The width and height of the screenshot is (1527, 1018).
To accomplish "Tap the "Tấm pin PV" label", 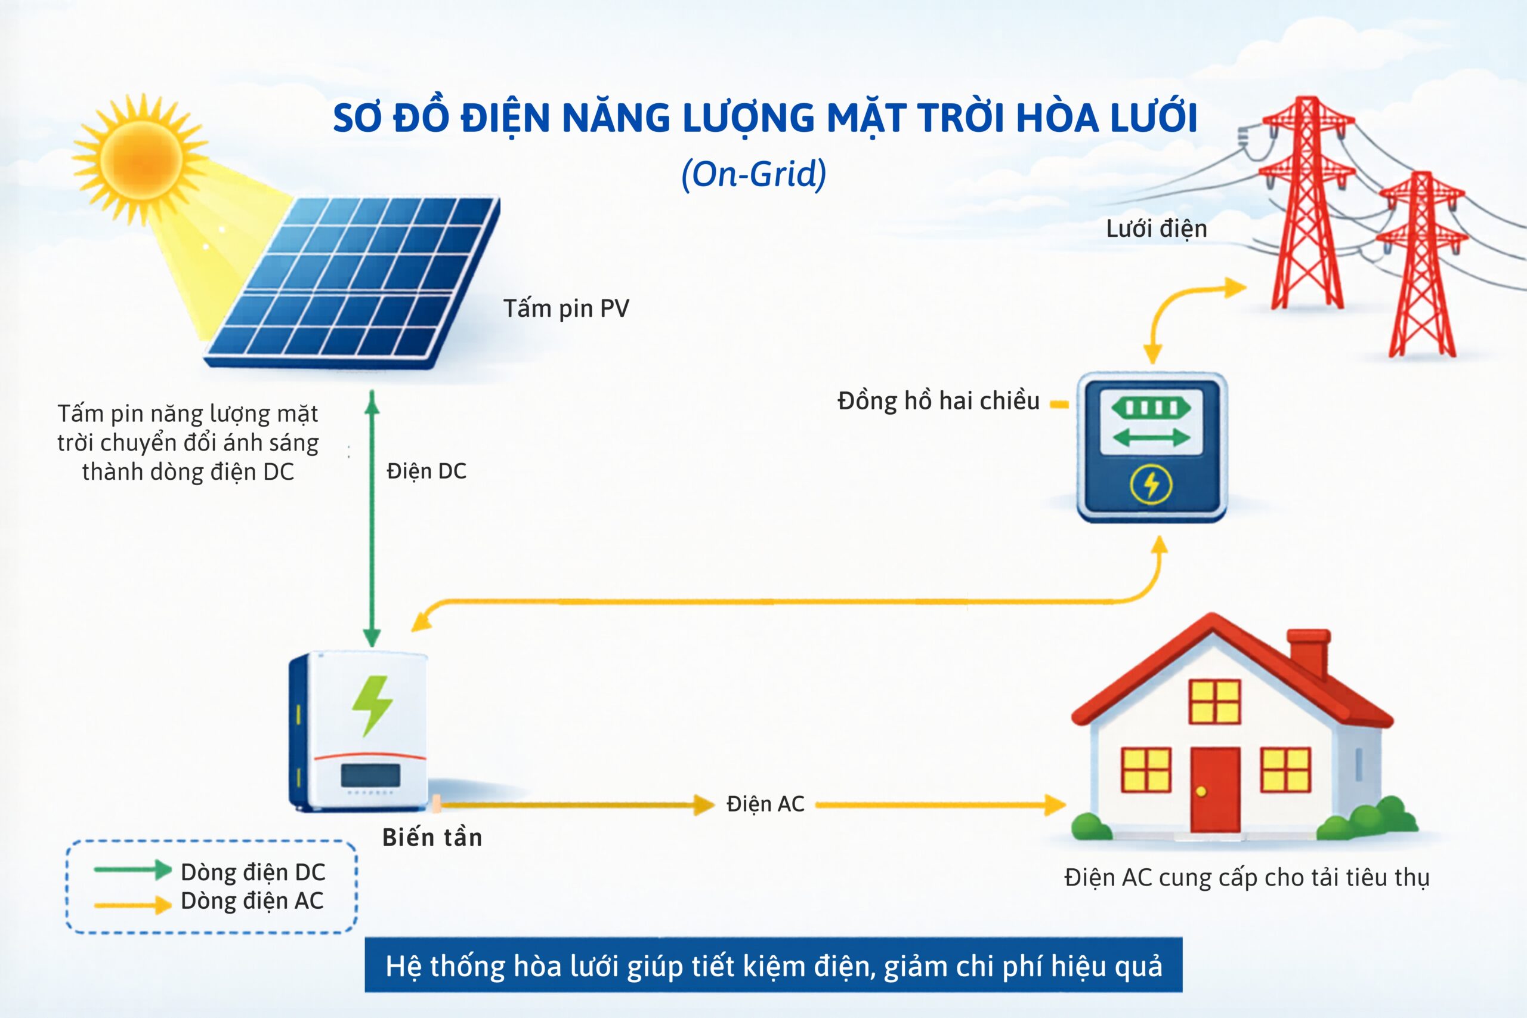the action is click(x=566, y=309).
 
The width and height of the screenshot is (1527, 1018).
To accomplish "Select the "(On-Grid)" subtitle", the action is click(x=753, y=174).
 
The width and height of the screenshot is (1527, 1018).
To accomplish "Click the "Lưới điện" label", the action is click(x=1157, y=229).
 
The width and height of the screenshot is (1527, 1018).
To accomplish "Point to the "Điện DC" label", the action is click(x=426, y=471).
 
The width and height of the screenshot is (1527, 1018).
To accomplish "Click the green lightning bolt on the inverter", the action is click(x=372, y=706).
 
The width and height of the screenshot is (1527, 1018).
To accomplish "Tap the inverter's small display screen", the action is click(x=370, y=775).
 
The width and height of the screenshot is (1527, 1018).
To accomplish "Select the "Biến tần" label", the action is click(x=432, y=838).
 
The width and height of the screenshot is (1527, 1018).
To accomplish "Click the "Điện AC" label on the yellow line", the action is click(x=765, y=804).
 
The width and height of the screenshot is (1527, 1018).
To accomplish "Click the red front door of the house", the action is click(x=1215, y=789).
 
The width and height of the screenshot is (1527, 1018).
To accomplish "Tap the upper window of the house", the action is click(x=1215, y=702).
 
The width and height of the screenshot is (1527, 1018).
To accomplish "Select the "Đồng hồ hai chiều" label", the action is click(x=938, y=401).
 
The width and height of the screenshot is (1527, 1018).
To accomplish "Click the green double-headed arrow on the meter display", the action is click(x=1151, y=437).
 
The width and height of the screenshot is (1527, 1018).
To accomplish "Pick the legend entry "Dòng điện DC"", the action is click(x=253, y=872).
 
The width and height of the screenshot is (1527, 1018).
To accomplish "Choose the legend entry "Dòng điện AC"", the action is click(x=252, y=901).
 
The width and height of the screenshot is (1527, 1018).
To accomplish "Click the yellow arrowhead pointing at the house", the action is click(x=1055, y=805).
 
